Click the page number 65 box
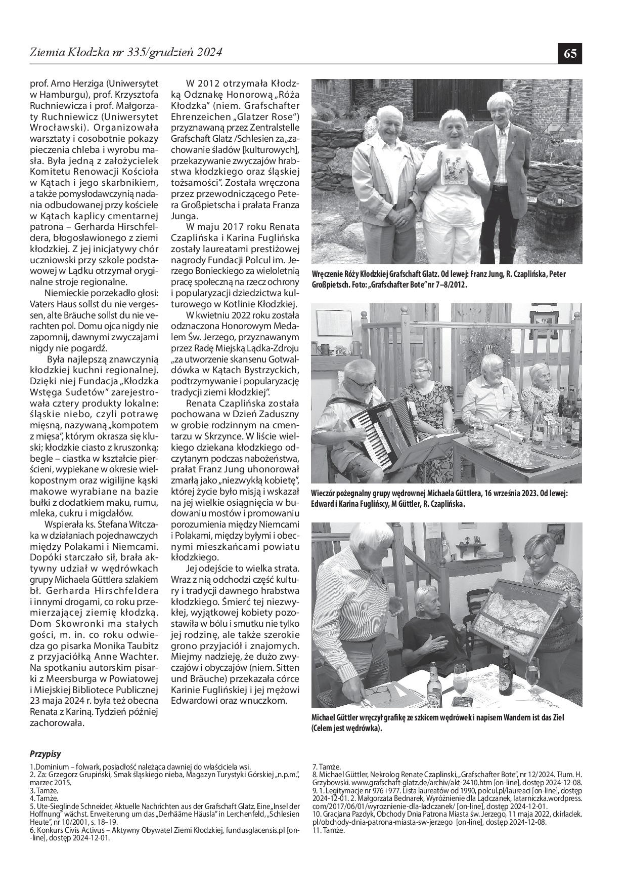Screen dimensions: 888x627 pyautogui.click(x=570, y=53)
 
